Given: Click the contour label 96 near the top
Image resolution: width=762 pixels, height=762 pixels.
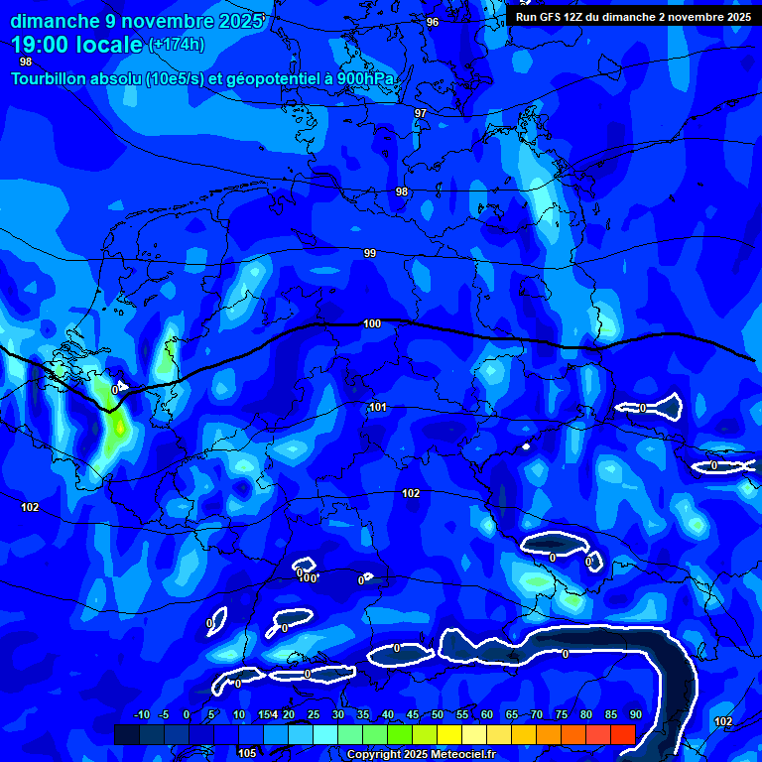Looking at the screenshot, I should pyautogui.click(x=433, y=22).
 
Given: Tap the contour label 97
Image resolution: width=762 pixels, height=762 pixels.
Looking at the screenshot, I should pyautogui.click(x=421, y=113).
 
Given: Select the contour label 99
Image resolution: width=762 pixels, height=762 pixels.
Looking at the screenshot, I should pyautogui.click(x=370, y=253).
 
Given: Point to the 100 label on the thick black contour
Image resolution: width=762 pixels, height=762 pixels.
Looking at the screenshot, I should pyautogui.click(x=372, y=323).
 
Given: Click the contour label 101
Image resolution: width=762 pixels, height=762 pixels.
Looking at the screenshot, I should pyautogui.click(x=378, y=407).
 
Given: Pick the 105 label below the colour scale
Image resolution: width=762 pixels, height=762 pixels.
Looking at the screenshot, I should pyautogui.click(x=247, y=753).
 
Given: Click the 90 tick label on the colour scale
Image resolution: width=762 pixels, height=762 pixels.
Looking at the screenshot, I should pyautogui.click(x=635, y=714).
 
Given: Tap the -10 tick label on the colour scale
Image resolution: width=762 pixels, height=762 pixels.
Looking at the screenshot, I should pyautogui.click(x=141, y=714).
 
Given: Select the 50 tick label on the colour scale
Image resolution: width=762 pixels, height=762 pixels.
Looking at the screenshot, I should pyautogui.click(x=438, y=714).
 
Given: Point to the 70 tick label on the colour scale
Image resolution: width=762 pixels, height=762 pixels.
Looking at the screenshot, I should pyautogui.click(x=537, y=714).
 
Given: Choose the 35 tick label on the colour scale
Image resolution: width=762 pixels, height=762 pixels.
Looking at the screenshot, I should pyautogui.click(x=363, y=714).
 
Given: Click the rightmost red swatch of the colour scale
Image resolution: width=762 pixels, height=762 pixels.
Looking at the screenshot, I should pyautogui.click(x=622, y=734).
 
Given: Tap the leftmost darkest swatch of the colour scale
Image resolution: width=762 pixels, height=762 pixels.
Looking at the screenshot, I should pyautogui.click(x=126, y=734).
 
